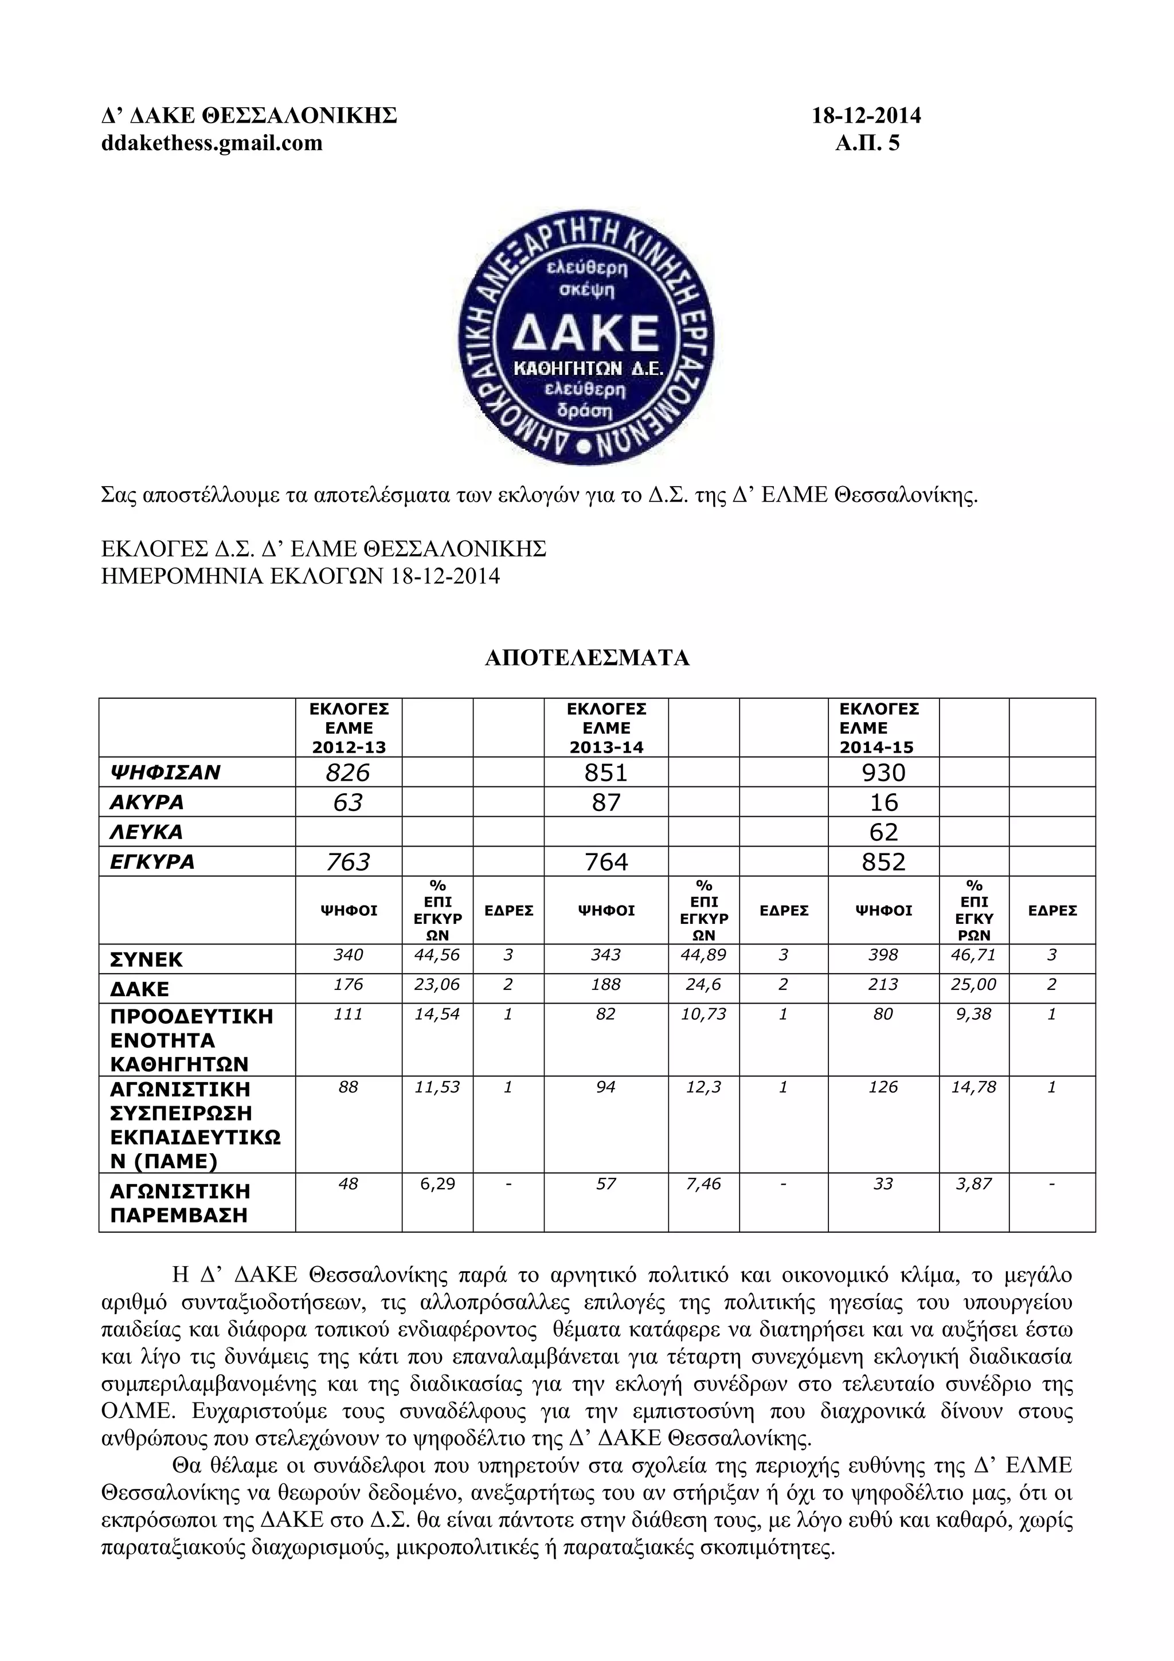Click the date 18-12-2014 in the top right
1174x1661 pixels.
(866, 116)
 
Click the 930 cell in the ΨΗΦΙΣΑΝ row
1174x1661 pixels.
(883, 773)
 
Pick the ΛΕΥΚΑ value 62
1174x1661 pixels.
(883, 832)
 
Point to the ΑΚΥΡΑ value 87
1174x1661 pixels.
(605, 802)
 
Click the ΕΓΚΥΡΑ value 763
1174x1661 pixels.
(348, 861)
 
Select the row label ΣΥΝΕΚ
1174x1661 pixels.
(147, 960)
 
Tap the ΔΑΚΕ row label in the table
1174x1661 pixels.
(140, 989)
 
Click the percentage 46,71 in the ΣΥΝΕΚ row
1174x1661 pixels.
(973, 955)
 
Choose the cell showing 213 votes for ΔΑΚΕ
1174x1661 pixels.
(883, 985)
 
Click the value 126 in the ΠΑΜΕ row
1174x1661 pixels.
(883, 1087)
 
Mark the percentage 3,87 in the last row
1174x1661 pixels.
(973, 1184)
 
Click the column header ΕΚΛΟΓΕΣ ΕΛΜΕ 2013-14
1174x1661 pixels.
(605, 728)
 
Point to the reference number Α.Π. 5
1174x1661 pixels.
(867, 143)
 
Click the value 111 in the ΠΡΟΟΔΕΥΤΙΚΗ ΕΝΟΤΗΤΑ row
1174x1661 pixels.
(348, 1014)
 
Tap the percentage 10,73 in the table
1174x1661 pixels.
(703, 1014)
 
